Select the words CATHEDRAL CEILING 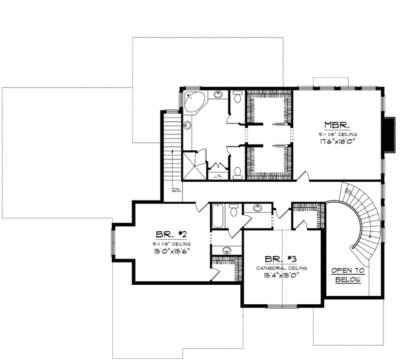tap(282, 268)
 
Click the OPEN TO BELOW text tap(347, 275)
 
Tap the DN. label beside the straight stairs tap(177, 190)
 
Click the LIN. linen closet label tap(217, 177)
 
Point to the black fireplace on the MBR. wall tap(390, 135)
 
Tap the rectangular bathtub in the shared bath tap(219, 217)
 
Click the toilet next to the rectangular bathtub tap(234, 213)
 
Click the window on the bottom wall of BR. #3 tap(283, 306)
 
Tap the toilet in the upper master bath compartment tap(238, 97)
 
